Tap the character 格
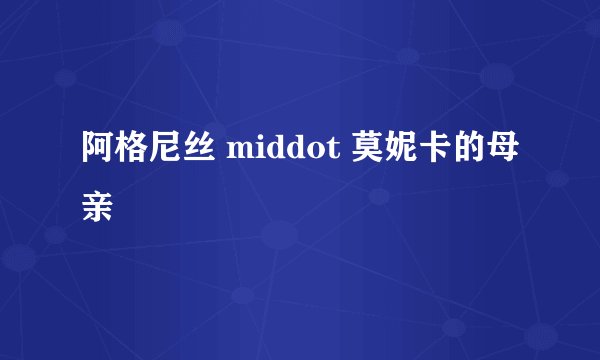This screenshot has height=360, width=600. point(131,151)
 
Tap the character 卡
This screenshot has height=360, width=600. point(435,151)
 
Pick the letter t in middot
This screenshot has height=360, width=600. point(328,153)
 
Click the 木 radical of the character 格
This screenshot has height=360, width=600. point(122,152)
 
